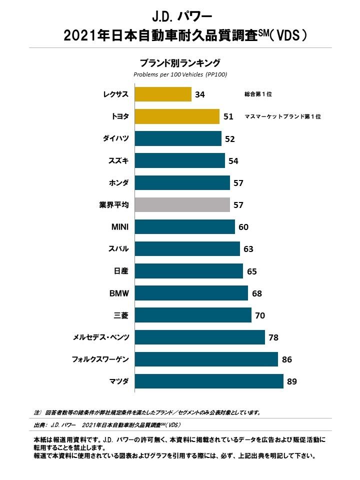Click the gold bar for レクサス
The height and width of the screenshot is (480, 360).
pos(163,94)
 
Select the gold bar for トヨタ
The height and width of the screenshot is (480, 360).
pos(177,116)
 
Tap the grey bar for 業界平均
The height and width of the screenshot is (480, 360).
pos(182,204)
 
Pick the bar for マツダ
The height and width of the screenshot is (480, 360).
pos(209,381)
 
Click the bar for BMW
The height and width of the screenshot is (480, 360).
pos(191,293)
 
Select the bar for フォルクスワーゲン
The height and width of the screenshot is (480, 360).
pos(206,359)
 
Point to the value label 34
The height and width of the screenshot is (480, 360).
pos(200,94)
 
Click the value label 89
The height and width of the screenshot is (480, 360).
pos(292,382)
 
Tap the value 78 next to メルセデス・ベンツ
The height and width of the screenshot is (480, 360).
pos(273,337)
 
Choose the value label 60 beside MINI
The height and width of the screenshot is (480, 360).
pos(243,227)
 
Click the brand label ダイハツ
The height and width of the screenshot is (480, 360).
pos(115,138)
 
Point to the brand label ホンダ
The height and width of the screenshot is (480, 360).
pos(118,182)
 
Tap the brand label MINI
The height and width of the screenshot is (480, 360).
pos(120,227)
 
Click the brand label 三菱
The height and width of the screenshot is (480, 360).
pos(121,315)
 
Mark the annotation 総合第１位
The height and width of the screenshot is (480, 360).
pos(258,94)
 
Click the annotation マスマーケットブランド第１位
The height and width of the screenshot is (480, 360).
pos(282,116)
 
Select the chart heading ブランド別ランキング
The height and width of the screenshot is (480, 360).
pos(180,63)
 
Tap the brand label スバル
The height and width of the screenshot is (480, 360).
pos(118,249)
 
